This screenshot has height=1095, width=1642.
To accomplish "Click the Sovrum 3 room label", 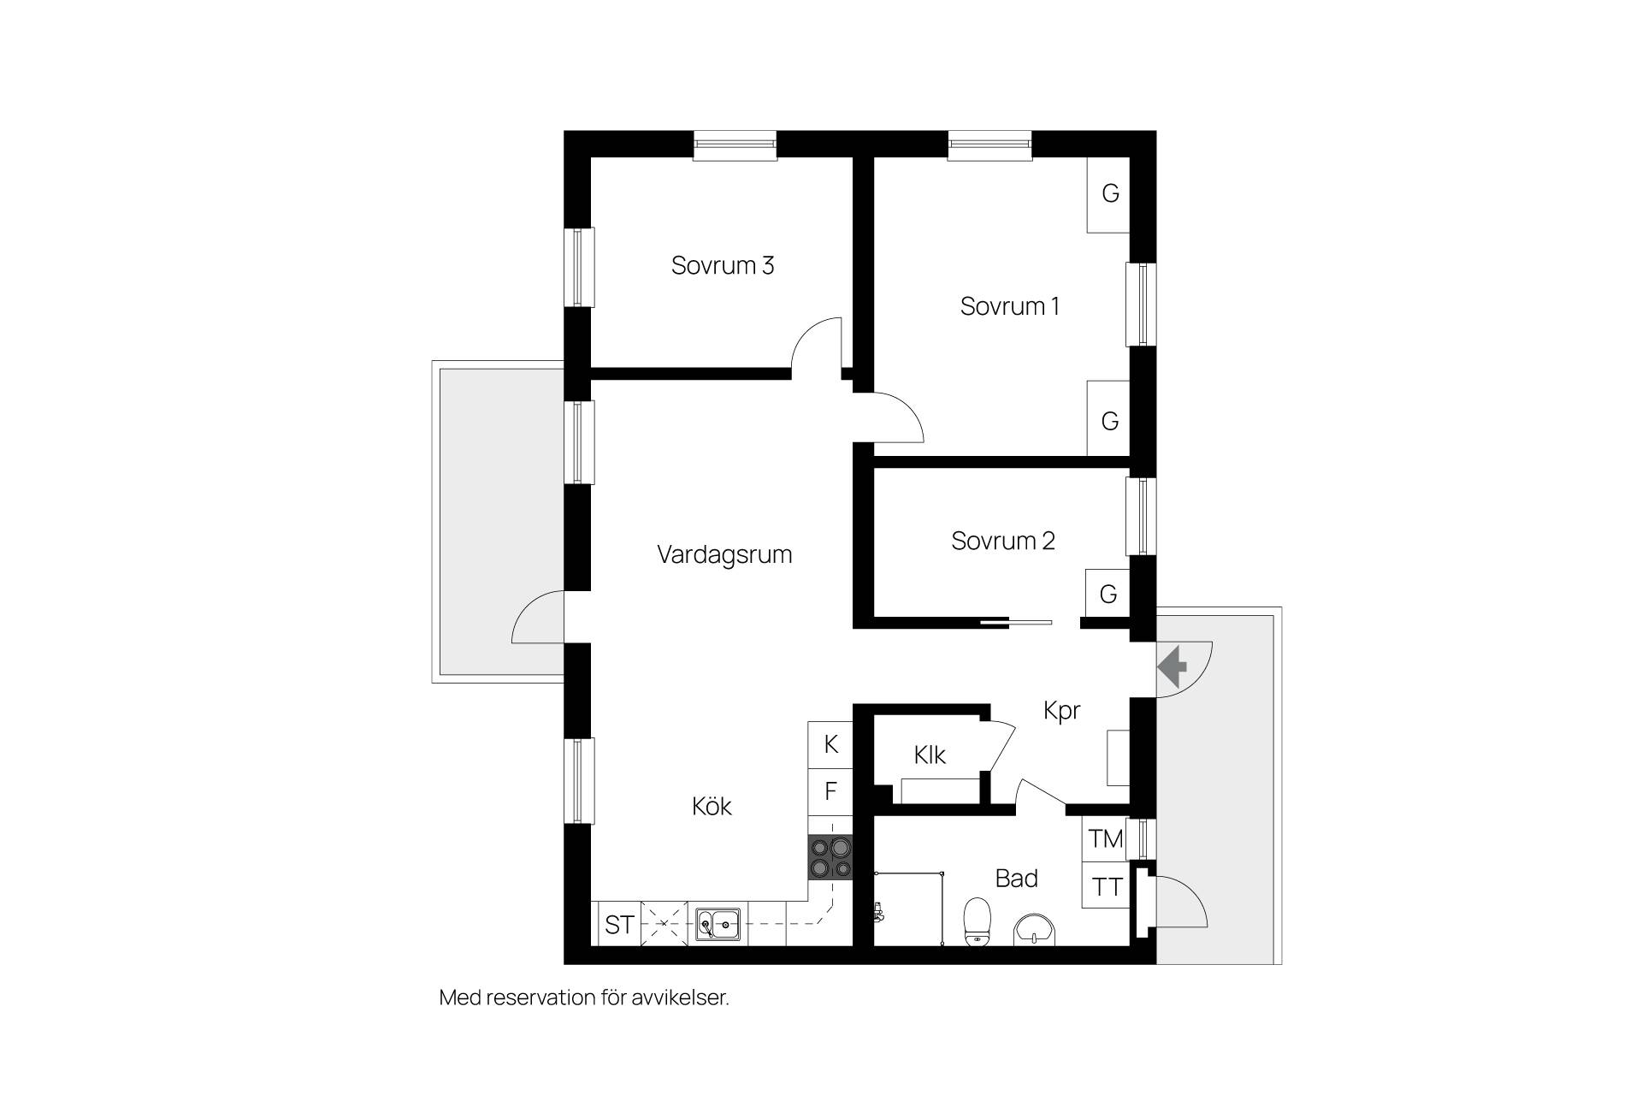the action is pos(723,265).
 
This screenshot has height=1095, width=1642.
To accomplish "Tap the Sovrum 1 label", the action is pos(1010,306).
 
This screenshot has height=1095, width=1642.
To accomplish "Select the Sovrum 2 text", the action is pos(1003,541).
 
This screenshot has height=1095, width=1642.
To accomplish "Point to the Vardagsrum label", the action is pos(724,555).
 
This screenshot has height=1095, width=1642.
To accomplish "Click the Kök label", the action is pos(712,806).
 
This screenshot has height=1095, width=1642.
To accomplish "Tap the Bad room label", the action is pos(1017,879).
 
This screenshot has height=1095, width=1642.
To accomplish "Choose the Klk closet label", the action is pos(930,755).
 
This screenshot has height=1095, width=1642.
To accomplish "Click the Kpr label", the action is pos(1062,711).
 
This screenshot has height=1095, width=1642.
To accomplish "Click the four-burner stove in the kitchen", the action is pos(830,858).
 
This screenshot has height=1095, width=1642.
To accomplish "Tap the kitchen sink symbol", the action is pos(718,923).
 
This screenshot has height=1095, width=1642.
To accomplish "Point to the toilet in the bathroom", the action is pos(977,921).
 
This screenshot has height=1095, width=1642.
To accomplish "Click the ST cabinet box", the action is pos(618,924).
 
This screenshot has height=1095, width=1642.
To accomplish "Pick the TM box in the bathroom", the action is pos(1105,839).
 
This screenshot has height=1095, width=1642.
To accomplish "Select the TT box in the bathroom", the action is pos(1105,885).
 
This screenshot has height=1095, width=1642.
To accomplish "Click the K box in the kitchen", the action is pos(830,744).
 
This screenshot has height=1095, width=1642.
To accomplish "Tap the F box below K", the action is pos(830,791).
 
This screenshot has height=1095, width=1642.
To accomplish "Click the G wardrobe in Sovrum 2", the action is pos(1107,593).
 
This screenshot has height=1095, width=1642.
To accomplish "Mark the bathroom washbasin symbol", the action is pos(1035,930).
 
